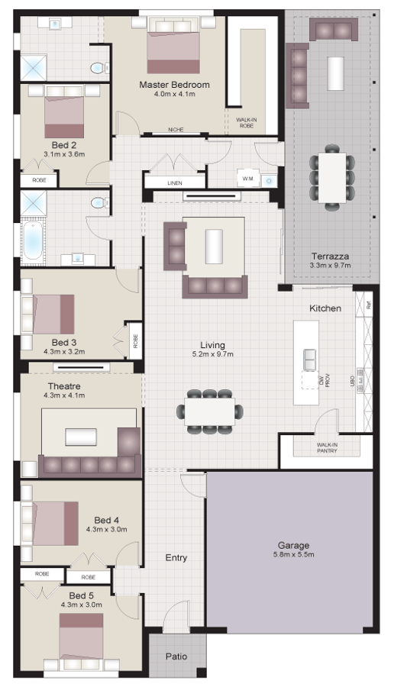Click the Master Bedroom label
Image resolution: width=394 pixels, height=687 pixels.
click(174, 85)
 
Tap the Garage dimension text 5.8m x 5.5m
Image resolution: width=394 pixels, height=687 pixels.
click(293, 554)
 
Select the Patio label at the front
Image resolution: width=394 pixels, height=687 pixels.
click(176, 656)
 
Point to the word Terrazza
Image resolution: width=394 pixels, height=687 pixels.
click(330, 256)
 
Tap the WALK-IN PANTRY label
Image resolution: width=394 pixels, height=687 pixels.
click(327, 448)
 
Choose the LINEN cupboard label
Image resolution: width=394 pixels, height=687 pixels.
click(175, 183)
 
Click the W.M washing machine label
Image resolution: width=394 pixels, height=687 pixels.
click(247, 179)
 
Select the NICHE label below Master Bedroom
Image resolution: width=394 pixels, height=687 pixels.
click(176, 130)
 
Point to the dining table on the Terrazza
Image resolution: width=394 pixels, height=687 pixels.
click(331, 176)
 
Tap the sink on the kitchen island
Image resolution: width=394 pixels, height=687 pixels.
click(310, 357)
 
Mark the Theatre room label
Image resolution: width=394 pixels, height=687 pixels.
click(64, 386)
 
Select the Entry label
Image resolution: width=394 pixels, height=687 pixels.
click(176, 558)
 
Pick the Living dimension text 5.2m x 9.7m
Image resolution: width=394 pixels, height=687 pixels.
click(213, 354)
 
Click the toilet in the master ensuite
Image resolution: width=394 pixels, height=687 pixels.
click(97, 68)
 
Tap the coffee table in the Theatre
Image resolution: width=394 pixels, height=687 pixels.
click(81, 437)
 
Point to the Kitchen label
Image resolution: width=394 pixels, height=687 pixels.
click(325, 308)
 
